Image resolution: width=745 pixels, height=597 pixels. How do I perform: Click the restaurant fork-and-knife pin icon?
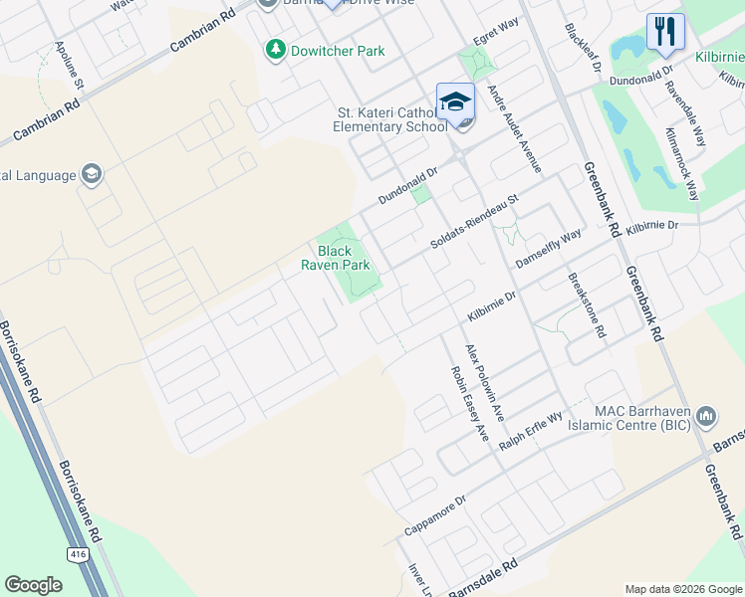(665, 31)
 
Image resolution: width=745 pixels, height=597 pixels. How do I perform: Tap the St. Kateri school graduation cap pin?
(454, 102)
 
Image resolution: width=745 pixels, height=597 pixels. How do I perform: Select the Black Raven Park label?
(336, 259)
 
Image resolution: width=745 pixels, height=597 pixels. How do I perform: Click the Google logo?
(33, 585)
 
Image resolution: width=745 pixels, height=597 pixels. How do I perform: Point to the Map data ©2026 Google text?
(682, 589)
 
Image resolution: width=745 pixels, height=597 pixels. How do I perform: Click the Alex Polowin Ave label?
(485, 383)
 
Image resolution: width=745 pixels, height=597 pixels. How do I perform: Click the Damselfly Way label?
(548, 249)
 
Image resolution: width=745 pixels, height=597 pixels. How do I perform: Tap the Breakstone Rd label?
(587, 305)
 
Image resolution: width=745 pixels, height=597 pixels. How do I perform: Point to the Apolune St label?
(70, 69)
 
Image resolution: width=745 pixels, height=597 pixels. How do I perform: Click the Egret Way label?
(496, 38)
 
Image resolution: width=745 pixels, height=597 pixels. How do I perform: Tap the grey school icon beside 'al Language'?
(93, 175)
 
